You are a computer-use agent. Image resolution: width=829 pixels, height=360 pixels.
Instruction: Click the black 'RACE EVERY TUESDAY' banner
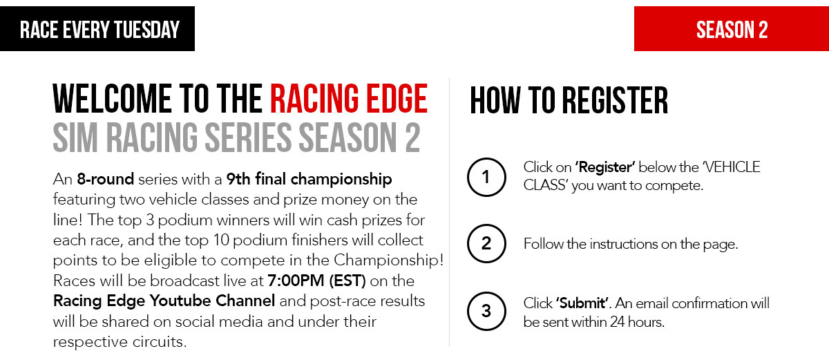coord(97,28)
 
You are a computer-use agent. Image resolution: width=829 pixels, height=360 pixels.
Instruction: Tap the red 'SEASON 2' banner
coord(732,28)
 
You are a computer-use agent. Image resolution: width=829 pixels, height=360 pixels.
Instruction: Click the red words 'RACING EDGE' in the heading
coord(349,98)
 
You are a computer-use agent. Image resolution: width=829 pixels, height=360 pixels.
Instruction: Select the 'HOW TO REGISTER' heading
coord(569,100)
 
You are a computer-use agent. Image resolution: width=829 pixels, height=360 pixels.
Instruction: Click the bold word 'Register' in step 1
coord(605,168)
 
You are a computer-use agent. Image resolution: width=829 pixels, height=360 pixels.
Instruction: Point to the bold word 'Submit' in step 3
coord(582,303)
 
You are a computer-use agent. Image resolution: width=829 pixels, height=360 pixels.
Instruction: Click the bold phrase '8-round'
coord(106,179)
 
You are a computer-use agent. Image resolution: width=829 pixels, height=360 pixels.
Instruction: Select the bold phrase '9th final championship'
coord(309,180)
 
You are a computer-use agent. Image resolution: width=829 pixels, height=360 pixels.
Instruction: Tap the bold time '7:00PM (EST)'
coord(316,281)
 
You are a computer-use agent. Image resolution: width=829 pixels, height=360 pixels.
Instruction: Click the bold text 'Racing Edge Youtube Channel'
coord(164,301)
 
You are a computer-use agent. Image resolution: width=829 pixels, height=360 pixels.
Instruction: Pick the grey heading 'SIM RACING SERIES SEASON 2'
coord(236,138)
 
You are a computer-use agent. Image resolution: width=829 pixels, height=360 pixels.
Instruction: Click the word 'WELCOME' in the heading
coord(112,98)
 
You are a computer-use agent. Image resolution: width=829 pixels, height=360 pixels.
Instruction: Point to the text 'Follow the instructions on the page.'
coord(631,244)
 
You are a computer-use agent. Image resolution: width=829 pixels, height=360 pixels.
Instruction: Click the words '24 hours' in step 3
coord(637,322)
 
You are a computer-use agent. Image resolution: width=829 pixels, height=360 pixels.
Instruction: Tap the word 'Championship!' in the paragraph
coord(388,260)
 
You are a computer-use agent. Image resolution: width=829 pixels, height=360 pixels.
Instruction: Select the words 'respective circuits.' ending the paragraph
coord(120,342)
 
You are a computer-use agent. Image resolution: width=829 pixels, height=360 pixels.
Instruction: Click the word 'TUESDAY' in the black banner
coord(146,30)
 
